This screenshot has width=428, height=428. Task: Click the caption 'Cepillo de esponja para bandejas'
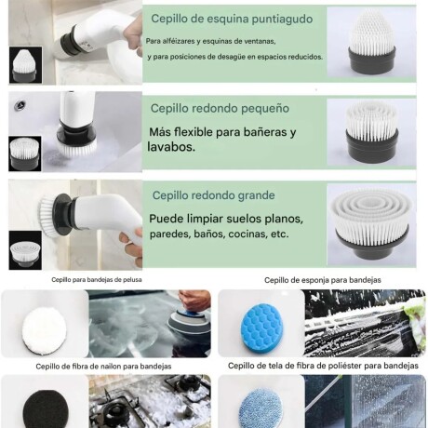pyautogui.click(x=322, y=279)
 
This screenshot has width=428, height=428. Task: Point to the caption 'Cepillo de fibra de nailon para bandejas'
pyautogui.click(x=105, y=366)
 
